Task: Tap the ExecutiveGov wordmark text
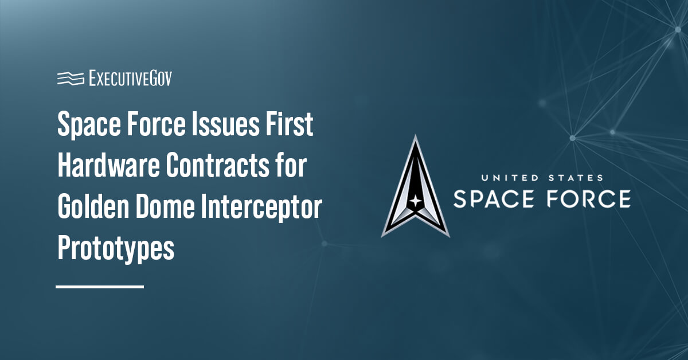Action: [x=130, y=79]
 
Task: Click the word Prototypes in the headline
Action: [x=116, y=249]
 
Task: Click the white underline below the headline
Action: [x=100, y=286]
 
